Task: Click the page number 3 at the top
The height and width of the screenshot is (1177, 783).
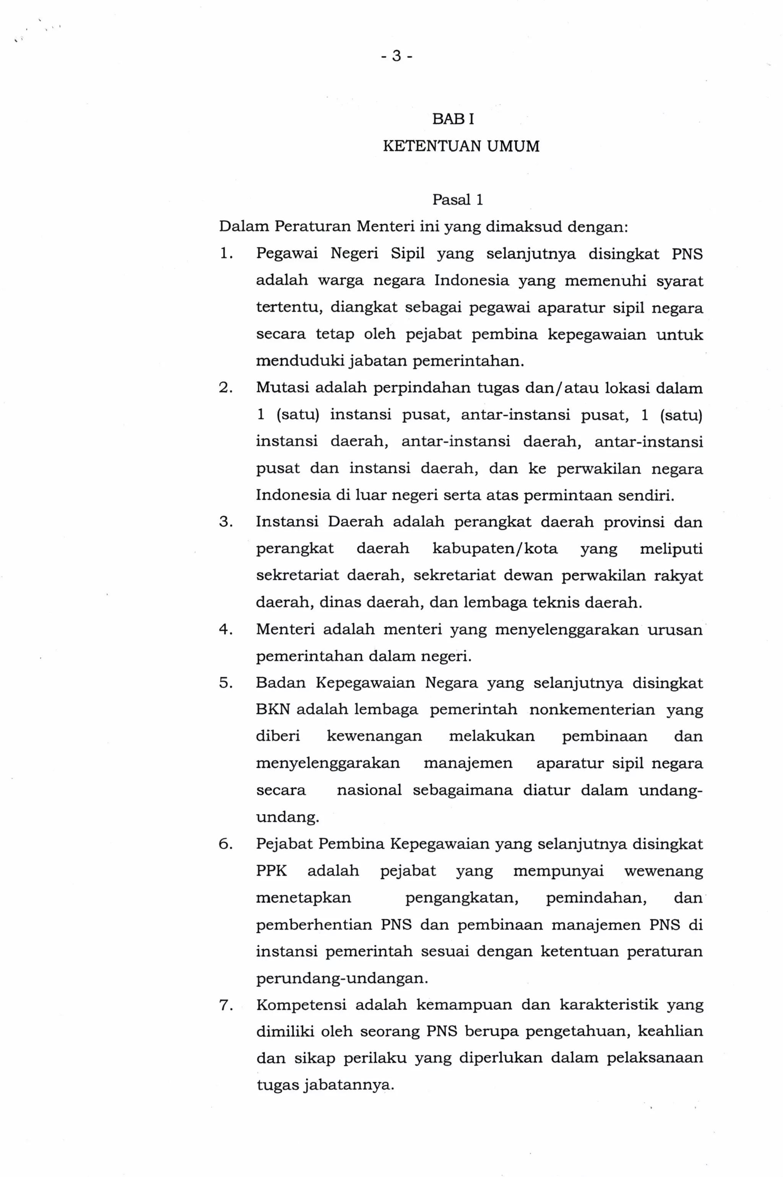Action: [x=396, y=56]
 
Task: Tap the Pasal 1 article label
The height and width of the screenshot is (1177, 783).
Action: [x=457, y=200]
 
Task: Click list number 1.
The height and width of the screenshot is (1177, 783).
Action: [x=225, y=254]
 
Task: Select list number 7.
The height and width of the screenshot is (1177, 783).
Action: [x=225, y=1004]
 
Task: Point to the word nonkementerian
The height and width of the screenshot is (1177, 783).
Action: [x=592, y=710]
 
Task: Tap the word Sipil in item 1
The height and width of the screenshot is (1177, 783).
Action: [x=408, y=254]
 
